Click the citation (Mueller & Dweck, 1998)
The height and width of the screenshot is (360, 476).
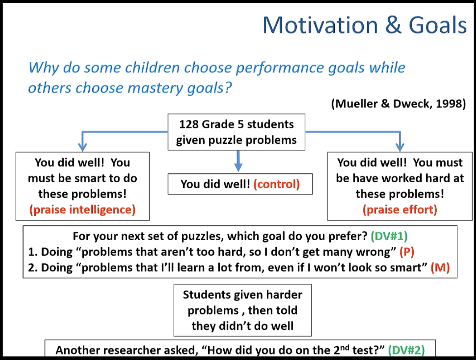(x=398, y=104)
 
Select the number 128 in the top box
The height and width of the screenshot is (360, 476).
(x=189, y=124)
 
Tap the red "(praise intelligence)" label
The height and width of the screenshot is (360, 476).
(x=82, y=209)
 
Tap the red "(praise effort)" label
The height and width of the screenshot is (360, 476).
(x=400, y=209)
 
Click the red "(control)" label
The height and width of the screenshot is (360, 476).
(x=276, y=184)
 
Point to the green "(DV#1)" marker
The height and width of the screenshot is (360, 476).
(x=389, y=236)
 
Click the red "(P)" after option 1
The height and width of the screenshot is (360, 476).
(x=406, y=252)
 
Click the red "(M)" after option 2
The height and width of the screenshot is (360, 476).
(x=440, y=268)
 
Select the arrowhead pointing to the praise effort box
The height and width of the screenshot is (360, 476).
(x=400, y=147)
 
